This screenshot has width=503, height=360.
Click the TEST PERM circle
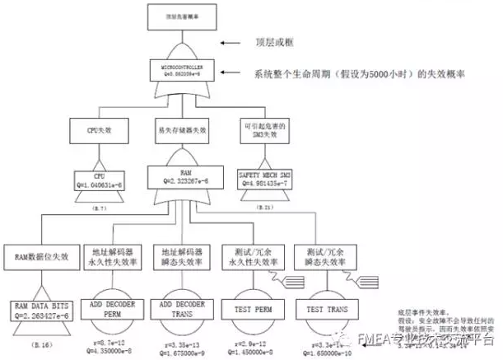pos(252,309)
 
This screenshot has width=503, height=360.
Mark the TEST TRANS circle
pos(324,309)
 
